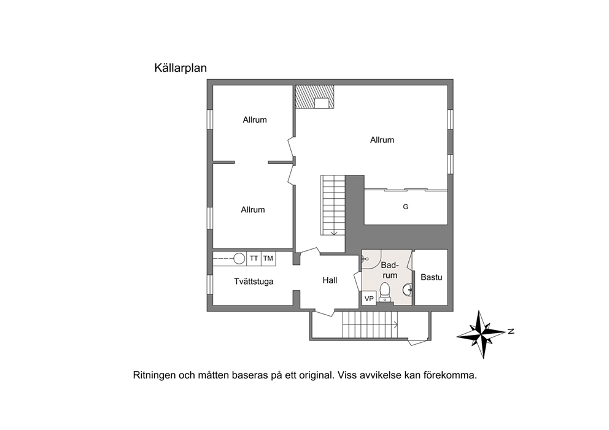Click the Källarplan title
point(180,68)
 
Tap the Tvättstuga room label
point(254,282)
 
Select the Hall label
point(330,280)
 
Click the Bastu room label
point(432,277)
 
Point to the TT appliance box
point(254,258)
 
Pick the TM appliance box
point(268,258)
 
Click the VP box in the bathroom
point(369,299)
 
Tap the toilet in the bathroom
point(384,292)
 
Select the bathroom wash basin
point(408,290)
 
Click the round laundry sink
point(239,258)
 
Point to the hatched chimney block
point(314,97)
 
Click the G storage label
point(405,207)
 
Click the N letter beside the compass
point(511,331)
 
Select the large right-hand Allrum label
point(382,140)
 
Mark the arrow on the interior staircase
point(333,232)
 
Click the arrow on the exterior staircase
point(395,323)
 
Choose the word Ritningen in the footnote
point(154,375)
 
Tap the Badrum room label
point(390,270)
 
